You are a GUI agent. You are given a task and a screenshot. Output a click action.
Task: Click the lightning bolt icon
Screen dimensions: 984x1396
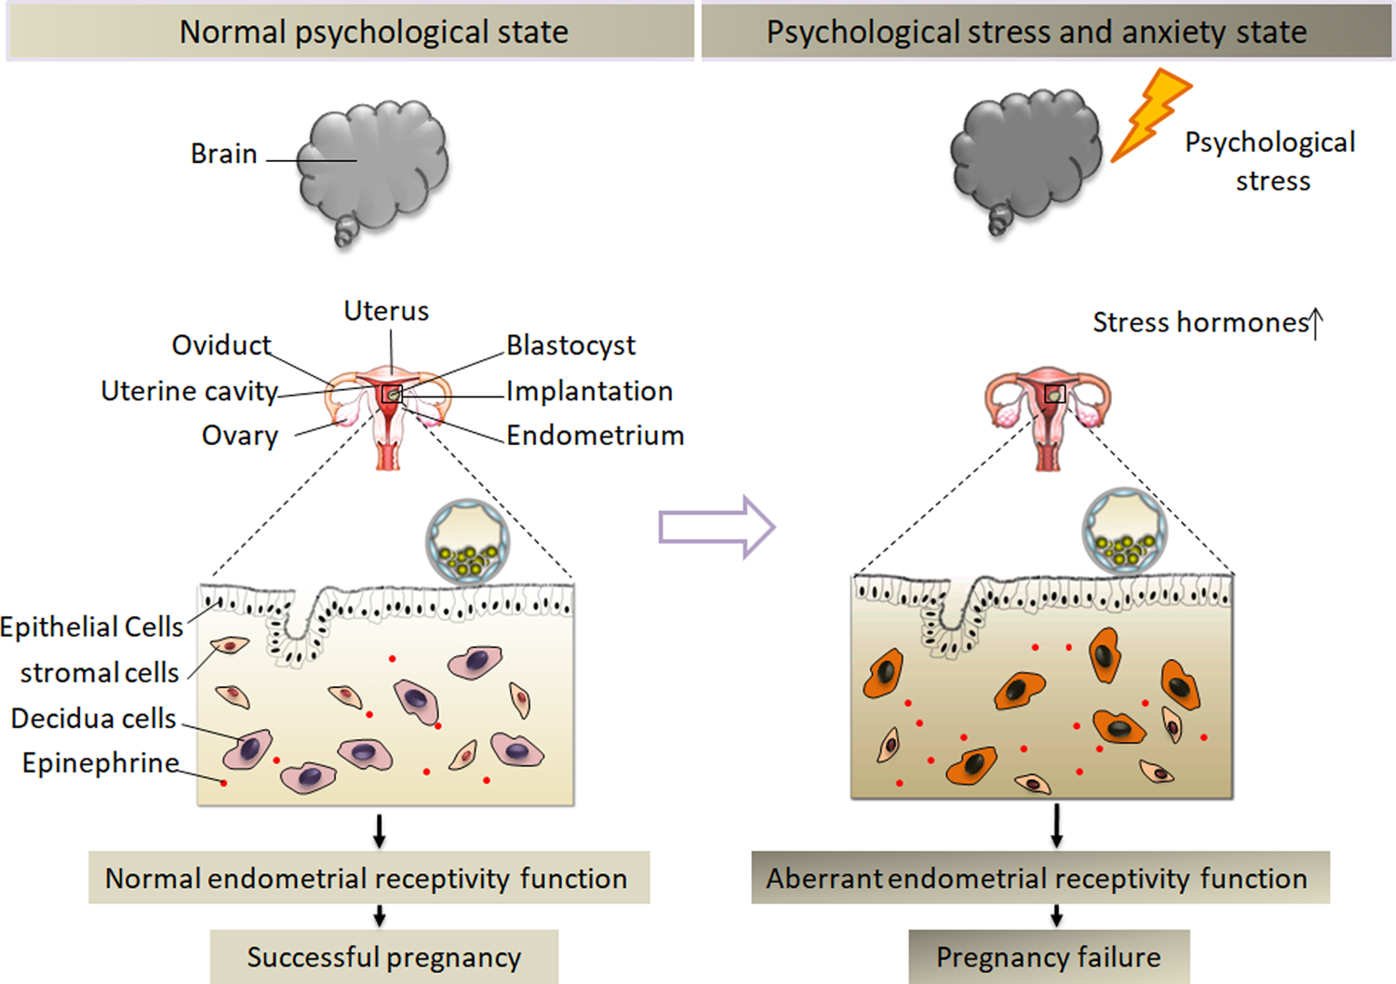point(1150,114)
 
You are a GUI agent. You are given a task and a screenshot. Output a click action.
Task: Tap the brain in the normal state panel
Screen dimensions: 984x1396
point(373,168)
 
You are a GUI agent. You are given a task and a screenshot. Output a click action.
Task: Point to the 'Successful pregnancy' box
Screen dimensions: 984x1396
point(383,957)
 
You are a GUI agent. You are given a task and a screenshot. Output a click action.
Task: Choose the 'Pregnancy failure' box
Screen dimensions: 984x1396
point(1048,957)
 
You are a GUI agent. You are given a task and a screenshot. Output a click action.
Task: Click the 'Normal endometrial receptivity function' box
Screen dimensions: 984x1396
point(369,878)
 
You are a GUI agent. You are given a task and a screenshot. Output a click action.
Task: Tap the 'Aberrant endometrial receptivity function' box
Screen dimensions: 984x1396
point(1040,878)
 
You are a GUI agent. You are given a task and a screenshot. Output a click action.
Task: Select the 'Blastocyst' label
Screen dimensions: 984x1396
point(570,345)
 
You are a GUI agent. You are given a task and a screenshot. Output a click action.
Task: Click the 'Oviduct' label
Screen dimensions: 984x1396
point(221,345)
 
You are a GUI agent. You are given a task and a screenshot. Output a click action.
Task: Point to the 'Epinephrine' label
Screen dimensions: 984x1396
point(101,763)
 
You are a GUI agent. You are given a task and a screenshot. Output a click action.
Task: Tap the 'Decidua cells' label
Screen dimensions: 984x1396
point(93,719)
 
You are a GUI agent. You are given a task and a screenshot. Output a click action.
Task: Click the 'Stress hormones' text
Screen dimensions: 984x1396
point(1201,322)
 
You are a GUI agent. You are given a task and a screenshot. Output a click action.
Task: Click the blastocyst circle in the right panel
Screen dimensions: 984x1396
point(1124,531)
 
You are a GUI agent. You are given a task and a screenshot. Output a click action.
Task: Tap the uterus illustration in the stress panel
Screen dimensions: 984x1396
point(1048,414)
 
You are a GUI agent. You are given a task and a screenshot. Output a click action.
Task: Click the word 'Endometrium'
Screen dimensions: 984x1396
point(595,436)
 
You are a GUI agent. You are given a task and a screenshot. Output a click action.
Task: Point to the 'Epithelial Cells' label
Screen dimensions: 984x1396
point(91,627)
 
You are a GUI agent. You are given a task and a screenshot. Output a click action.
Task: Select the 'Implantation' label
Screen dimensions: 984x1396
point(589,391)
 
